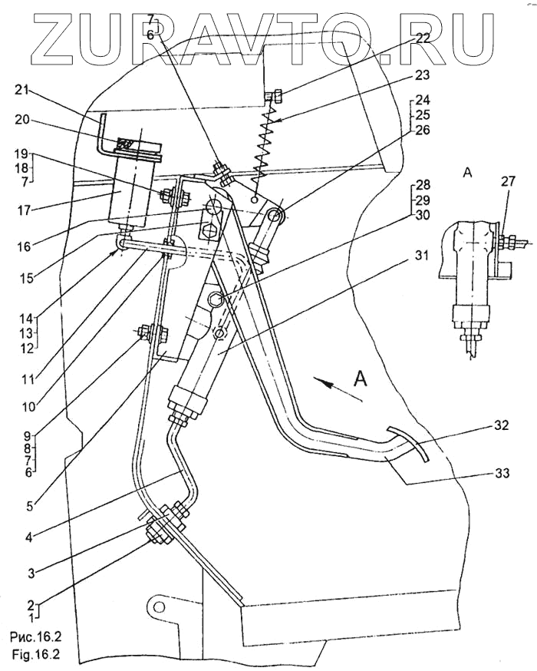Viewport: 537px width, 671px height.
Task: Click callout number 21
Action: tap(21, 91)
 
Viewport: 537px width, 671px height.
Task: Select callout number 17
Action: tap(21, 210)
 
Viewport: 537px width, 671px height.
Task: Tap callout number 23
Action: tap(422, 75)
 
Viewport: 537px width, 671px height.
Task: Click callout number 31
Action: tap(421, 255)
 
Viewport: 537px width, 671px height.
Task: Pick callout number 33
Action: tap(502, 473)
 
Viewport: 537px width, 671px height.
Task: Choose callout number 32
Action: tap(501, 425)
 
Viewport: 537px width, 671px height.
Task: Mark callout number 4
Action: tap(28, 537)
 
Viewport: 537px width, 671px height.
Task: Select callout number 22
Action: tap(423, 38)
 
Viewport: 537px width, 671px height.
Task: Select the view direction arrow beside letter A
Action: tap(337, 389)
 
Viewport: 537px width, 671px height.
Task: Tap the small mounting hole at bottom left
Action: tap(159, 607)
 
